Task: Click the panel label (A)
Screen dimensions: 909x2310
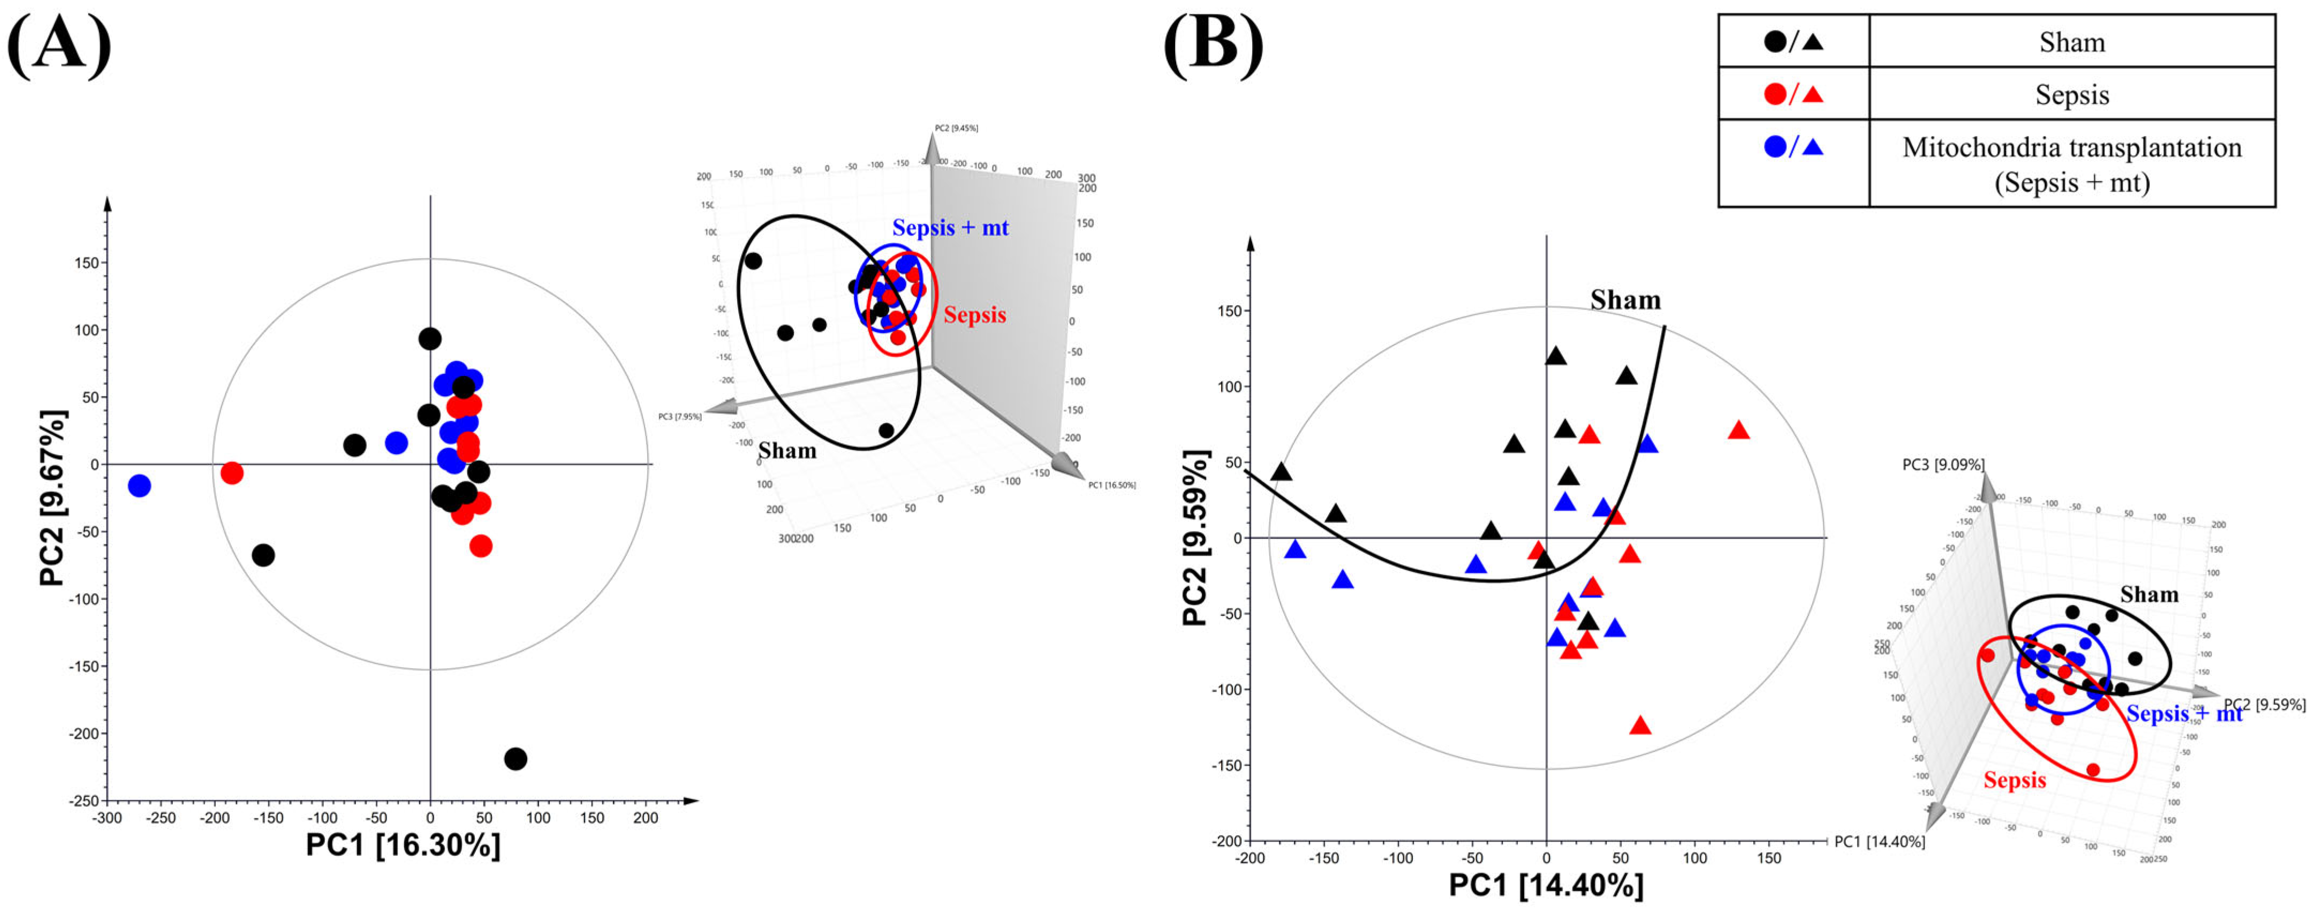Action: (x=59, y=45)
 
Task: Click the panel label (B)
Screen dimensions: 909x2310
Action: (x=1213, y=45)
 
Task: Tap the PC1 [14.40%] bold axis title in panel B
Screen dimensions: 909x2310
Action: (x=1546, y=885)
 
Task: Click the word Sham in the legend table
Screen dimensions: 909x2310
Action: (x=2071, y=42)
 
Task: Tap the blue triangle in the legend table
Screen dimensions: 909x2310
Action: (x=1812, y=147)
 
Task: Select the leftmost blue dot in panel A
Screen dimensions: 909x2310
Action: (x=139, y=486)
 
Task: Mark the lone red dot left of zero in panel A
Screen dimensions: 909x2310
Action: (x=231, y=472)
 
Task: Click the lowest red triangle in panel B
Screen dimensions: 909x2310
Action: (x=1640, y=726)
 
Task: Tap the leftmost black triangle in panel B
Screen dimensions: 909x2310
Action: (x=1282, y=472)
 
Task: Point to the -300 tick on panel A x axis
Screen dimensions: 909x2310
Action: (x=108, y=817)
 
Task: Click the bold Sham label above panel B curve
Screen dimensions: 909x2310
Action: (x=1625, y=300)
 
